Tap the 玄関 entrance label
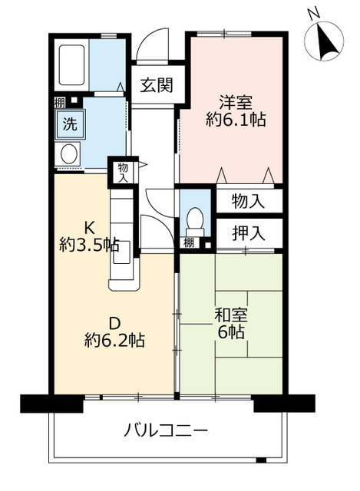tap(155, 85)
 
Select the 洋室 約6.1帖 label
tap(236, 112)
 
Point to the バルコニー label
tap(166, 430)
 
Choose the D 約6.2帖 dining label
tap(114, 330)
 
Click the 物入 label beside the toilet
tap(248, 202)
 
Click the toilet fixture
tap(194, 219)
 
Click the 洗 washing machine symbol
tap(69, 123)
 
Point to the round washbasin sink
tap(68, 154)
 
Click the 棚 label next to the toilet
tap(188, 243)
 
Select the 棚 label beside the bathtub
tap(59, 101)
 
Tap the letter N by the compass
tap(312, 13)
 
